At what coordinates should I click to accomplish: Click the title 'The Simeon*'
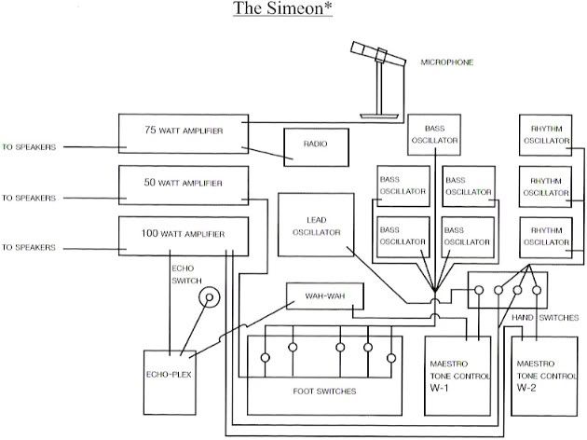[293, 10]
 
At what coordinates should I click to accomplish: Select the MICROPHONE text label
[447, 62]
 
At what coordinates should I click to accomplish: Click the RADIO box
[316, 146]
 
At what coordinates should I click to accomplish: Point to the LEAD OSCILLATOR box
[317, 225]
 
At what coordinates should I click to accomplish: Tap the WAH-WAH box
[323, 297]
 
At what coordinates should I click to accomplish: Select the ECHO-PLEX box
[169, 379]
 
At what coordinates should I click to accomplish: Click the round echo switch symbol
[210, 298]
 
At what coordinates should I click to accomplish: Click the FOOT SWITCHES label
[323, 392]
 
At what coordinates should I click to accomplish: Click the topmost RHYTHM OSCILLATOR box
[545, 135]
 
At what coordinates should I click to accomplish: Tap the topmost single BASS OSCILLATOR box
[434, 135]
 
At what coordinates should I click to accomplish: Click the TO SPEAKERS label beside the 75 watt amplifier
[29, 147]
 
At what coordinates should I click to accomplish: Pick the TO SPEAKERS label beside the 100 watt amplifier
[29, 248]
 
